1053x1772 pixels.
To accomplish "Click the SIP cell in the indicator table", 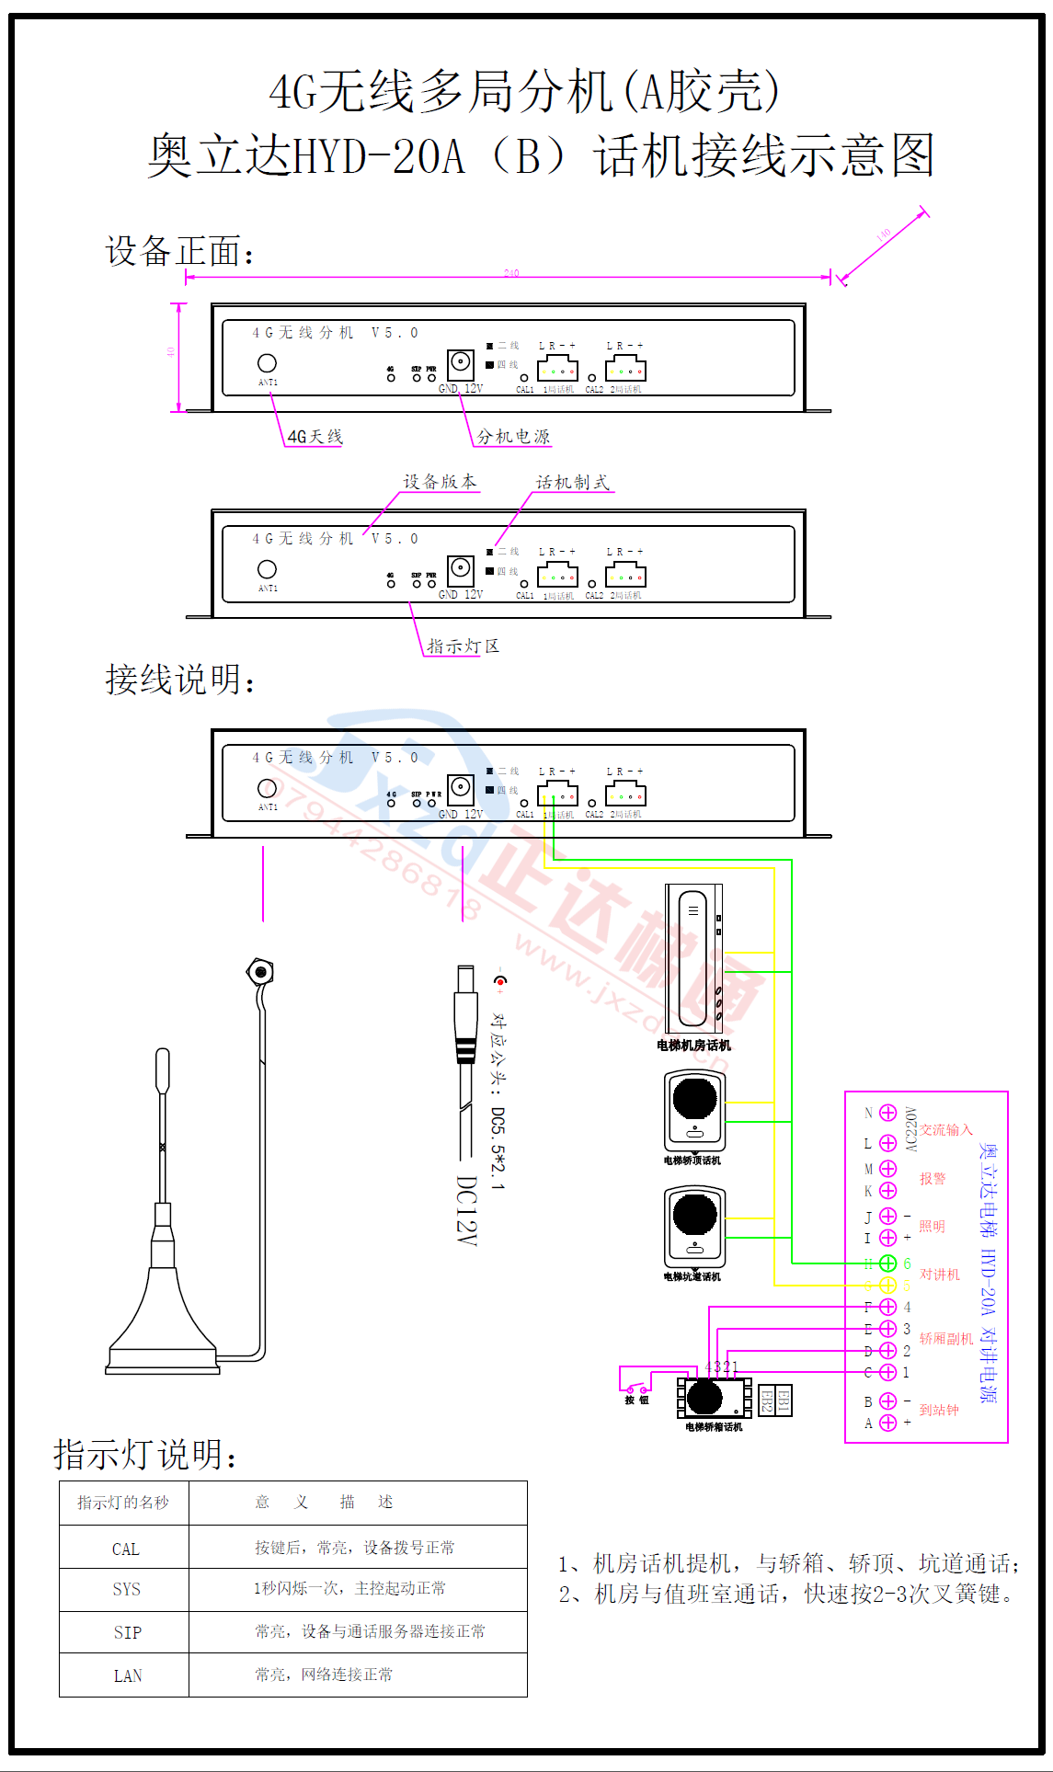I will coord(127,1632).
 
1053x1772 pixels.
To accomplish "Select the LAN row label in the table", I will coord(127,1675).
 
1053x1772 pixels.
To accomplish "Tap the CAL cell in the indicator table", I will coord(125,1549).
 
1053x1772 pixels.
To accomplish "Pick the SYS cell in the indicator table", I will coord(126,1589).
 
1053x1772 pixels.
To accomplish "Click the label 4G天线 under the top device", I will coord(315,437).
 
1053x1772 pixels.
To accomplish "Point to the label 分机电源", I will coord(513,437).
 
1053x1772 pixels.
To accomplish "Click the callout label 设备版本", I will coord(440,482).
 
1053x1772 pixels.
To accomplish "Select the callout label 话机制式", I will coord(572,482).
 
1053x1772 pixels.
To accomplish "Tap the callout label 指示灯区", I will coord(463,646).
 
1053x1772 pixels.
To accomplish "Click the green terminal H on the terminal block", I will coord(887,1263).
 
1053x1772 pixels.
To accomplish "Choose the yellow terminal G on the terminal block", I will coord(887,1286).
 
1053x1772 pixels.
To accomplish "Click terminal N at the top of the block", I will coord(887,1113).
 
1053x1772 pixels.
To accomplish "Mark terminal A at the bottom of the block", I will coord(887,1423).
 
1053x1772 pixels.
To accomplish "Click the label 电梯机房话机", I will coord(693,1046).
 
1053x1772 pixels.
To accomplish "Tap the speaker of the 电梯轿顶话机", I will coord(694,1098).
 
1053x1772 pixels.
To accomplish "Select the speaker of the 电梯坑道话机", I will coord(694,1214).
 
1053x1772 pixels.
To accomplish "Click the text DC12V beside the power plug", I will coord(467,1210).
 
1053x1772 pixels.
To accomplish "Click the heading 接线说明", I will coord(180,680).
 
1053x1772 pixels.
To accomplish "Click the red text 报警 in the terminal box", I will coord(933,1179).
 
